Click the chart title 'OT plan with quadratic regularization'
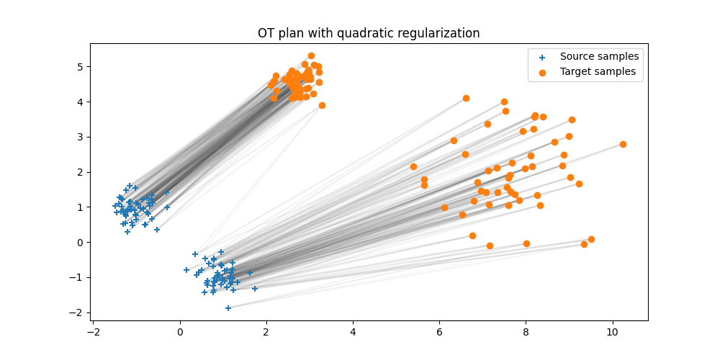click(369, 33)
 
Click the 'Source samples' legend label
click(599, 56)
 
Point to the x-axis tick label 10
click(613, 332)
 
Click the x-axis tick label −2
click(93, 332)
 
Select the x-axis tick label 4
click(353, 332)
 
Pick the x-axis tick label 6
click(439, 332)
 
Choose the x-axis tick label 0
click(180, 332)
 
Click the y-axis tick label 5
click(81, 67)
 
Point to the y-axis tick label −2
click(78, 312)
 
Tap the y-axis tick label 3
click(81, 137)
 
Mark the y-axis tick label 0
click(81, 243)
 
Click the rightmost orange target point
click(623, 144)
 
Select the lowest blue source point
click(228, 308)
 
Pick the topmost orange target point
click(311, 55)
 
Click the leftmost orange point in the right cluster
click(413, 166)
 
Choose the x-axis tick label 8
click(526, 332)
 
